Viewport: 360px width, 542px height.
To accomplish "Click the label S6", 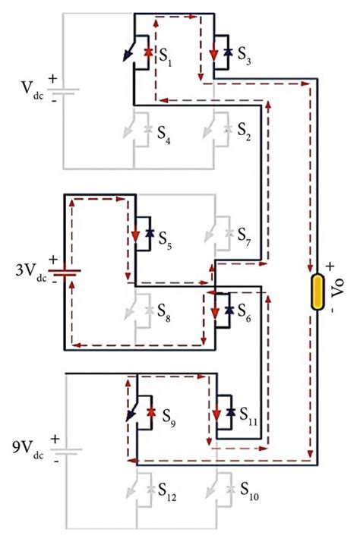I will (x=245, y=310).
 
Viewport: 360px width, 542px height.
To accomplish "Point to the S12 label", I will (x=169, y=497).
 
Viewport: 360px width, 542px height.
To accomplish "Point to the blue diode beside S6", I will (x=228, y=311).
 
